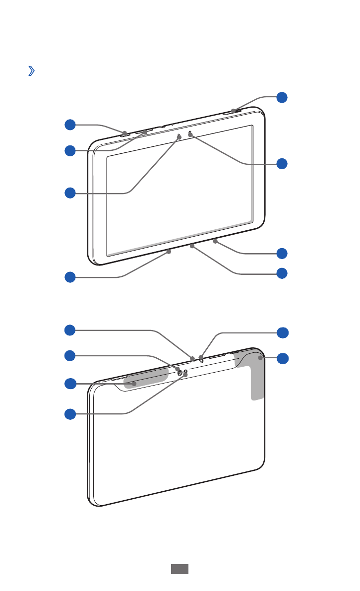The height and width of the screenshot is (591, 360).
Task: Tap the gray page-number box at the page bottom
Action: pos(180,569)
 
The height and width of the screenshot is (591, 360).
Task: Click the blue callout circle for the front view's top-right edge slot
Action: pos(282,97)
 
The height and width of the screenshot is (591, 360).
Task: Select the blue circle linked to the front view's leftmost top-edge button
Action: pos(70,125)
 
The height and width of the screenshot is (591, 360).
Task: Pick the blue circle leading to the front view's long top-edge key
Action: pos(70,150)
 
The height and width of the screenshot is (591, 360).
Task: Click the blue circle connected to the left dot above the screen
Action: pos(70,193)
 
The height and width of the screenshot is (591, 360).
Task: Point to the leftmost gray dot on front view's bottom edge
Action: pos(169,252)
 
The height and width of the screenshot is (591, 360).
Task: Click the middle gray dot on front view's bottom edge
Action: pos(192,246)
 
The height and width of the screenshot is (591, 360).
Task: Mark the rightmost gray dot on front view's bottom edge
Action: pos(216,242)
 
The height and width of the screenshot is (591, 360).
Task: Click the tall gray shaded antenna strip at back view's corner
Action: pos(257,377)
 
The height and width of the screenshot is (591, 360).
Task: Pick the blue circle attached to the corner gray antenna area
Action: pos(282,358)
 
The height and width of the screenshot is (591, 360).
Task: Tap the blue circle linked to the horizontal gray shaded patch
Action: pos(70,384)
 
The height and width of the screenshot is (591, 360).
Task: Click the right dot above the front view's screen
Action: pos(190,134)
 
